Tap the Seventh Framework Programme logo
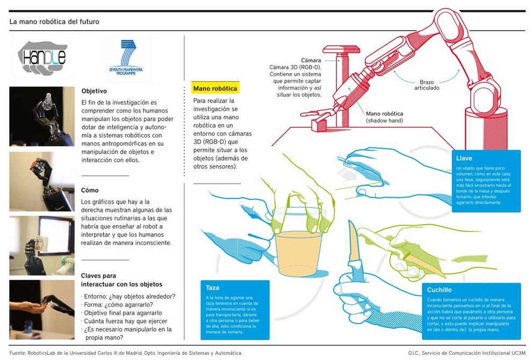[126, 57]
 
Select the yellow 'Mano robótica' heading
[215, 89]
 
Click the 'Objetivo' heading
[94, 91]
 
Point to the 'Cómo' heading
[90, 190]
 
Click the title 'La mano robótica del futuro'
[54, 21]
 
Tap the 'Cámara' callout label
[311, 60]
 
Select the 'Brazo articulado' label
[427, 85]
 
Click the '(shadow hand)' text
[384, 120]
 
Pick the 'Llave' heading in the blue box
[464, 158]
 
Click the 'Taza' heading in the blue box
[212, 287]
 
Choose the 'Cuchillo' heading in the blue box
[439, 290]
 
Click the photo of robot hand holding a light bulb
[42, 117]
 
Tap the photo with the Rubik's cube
[42, 182]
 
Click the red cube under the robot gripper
[319, 125]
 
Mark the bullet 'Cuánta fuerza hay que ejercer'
[124, 321]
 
